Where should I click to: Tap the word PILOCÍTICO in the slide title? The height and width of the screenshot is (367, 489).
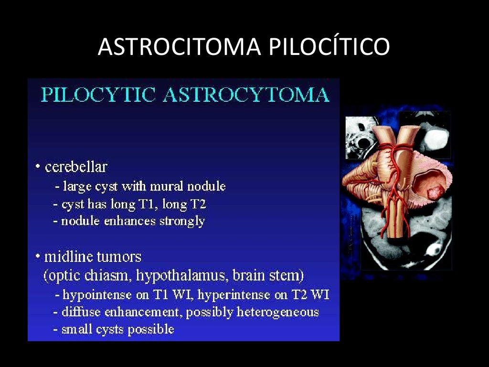pos(329,47)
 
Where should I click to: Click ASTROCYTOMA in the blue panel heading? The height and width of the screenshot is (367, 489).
pos(246,95)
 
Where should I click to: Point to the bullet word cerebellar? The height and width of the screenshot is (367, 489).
pos(76,167)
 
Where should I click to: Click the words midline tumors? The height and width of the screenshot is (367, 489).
pos(93,257)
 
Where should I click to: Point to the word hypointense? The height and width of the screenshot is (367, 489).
pos(98,295)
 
